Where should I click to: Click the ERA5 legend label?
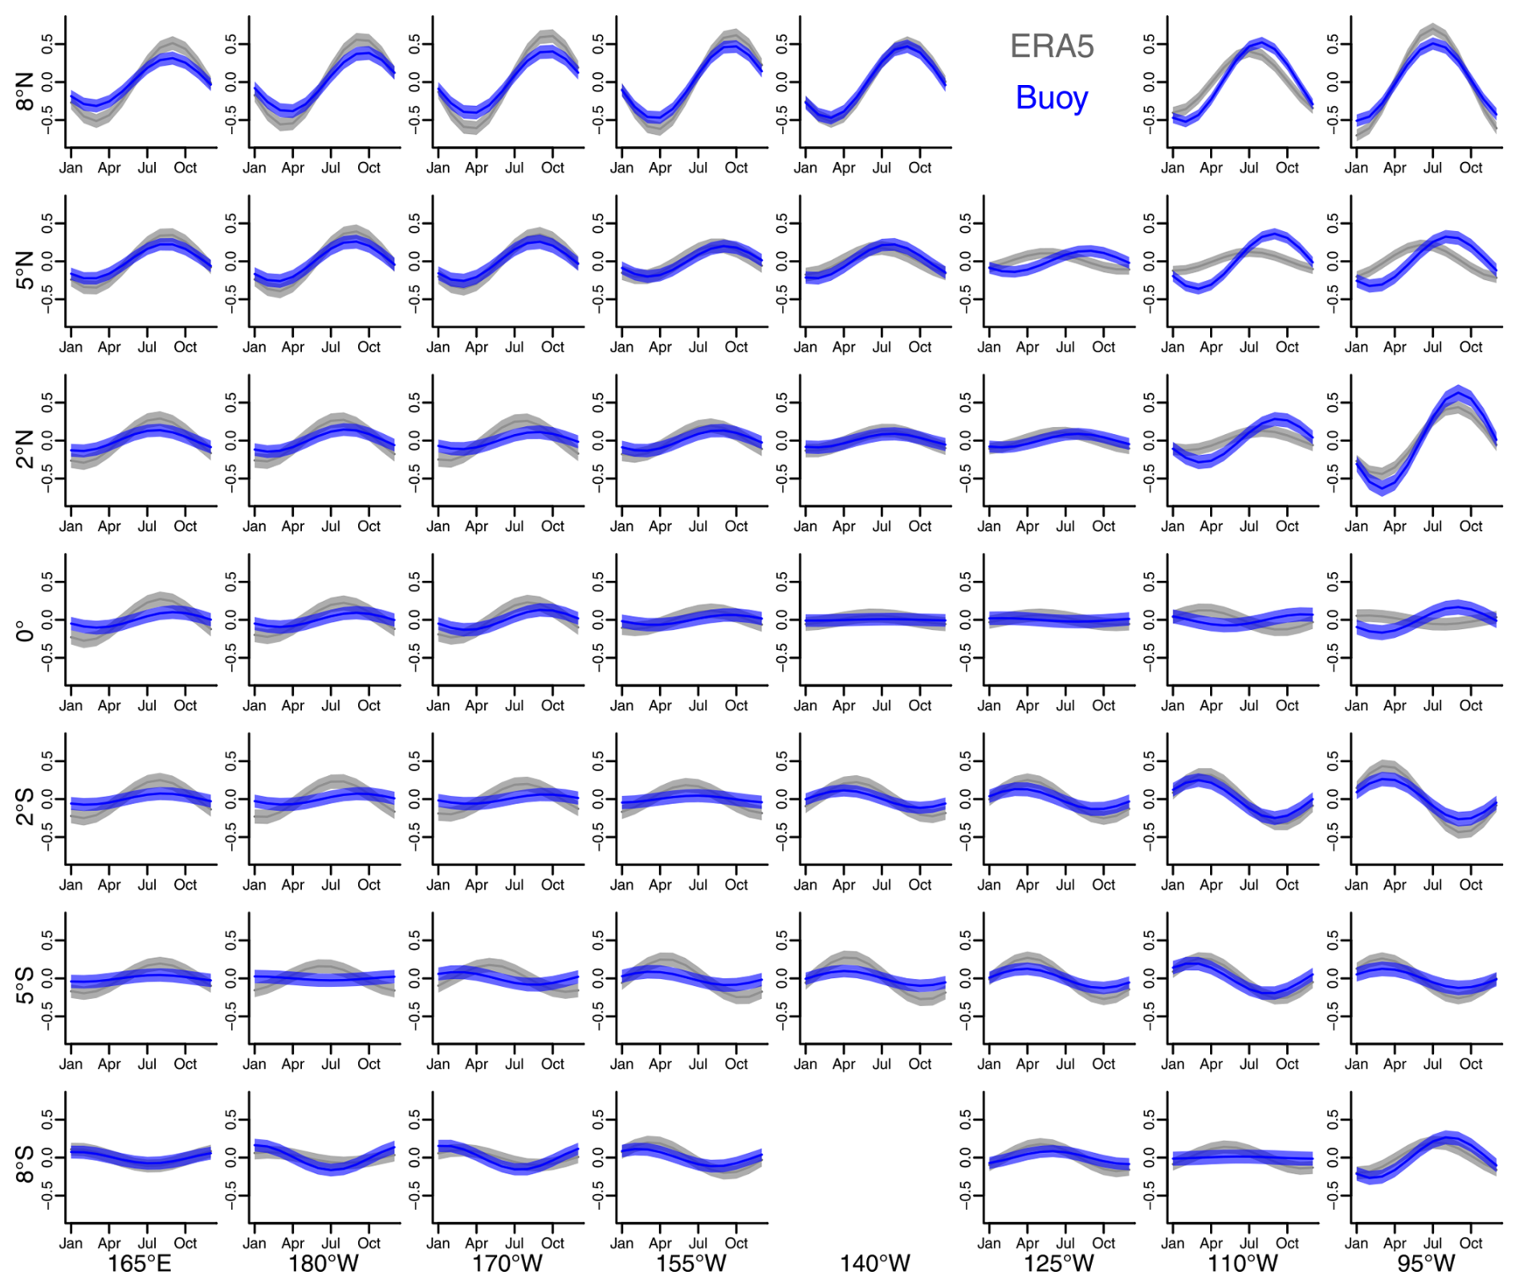pos(1052,47)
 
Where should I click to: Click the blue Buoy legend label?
pos(1052,98)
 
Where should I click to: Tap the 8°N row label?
pos(25,91)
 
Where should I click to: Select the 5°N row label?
pos(25,270)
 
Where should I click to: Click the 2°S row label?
pos(25,806)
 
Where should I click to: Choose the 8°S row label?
pos(25,1164)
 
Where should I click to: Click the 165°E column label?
pos(140,1264)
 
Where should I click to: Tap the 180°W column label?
pos(324,1264)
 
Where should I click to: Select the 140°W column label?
pos(875,1264)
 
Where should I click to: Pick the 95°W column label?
pos(1426,1264)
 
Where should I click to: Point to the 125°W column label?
pos(1059,1264)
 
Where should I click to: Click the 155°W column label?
pos(691,1264)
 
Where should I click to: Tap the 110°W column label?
pos(1243,1264)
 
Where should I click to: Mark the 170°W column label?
pos(507,1264)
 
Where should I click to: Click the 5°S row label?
pos(25,985)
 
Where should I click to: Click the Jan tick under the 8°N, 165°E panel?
pos(71,168)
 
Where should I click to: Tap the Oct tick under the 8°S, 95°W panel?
pos(1471,1243)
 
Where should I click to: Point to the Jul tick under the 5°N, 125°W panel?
pos(1065,347)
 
